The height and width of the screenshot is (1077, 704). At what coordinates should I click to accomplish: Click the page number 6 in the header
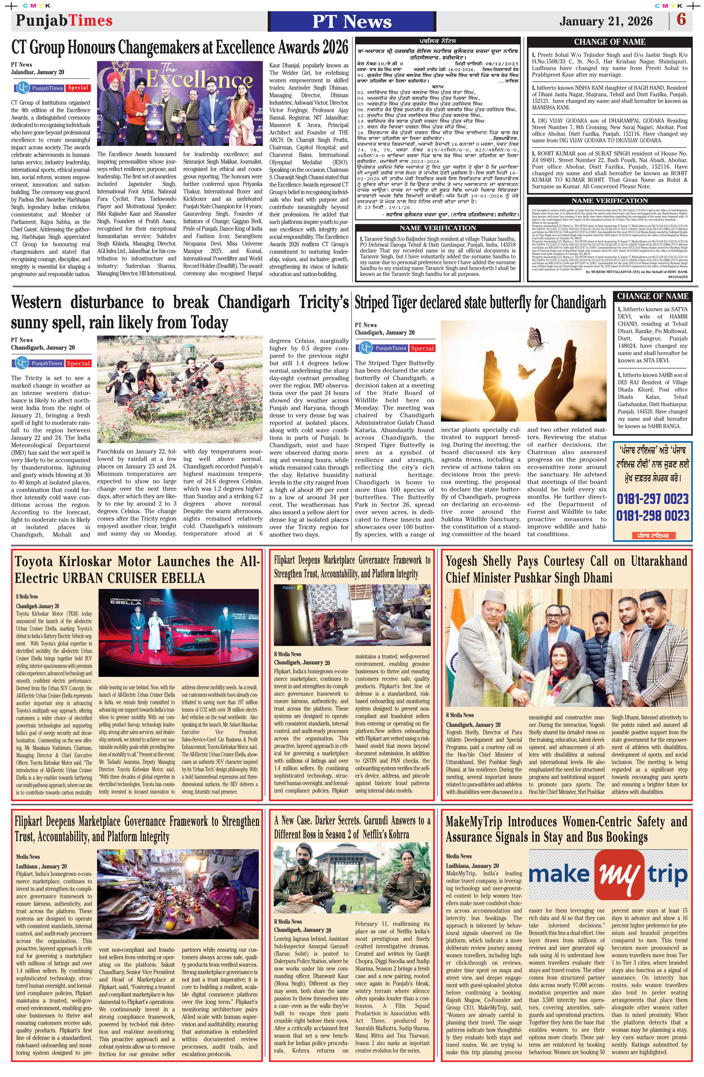681,20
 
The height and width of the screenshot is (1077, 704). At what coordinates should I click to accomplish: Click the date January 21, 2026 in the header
606,21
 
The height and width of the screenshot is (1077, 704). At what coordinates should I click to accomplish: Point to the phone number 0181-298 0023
652,515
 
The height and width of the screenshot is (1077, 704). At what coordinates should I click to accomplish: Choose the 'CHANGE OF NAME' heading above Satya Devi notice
652,296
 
